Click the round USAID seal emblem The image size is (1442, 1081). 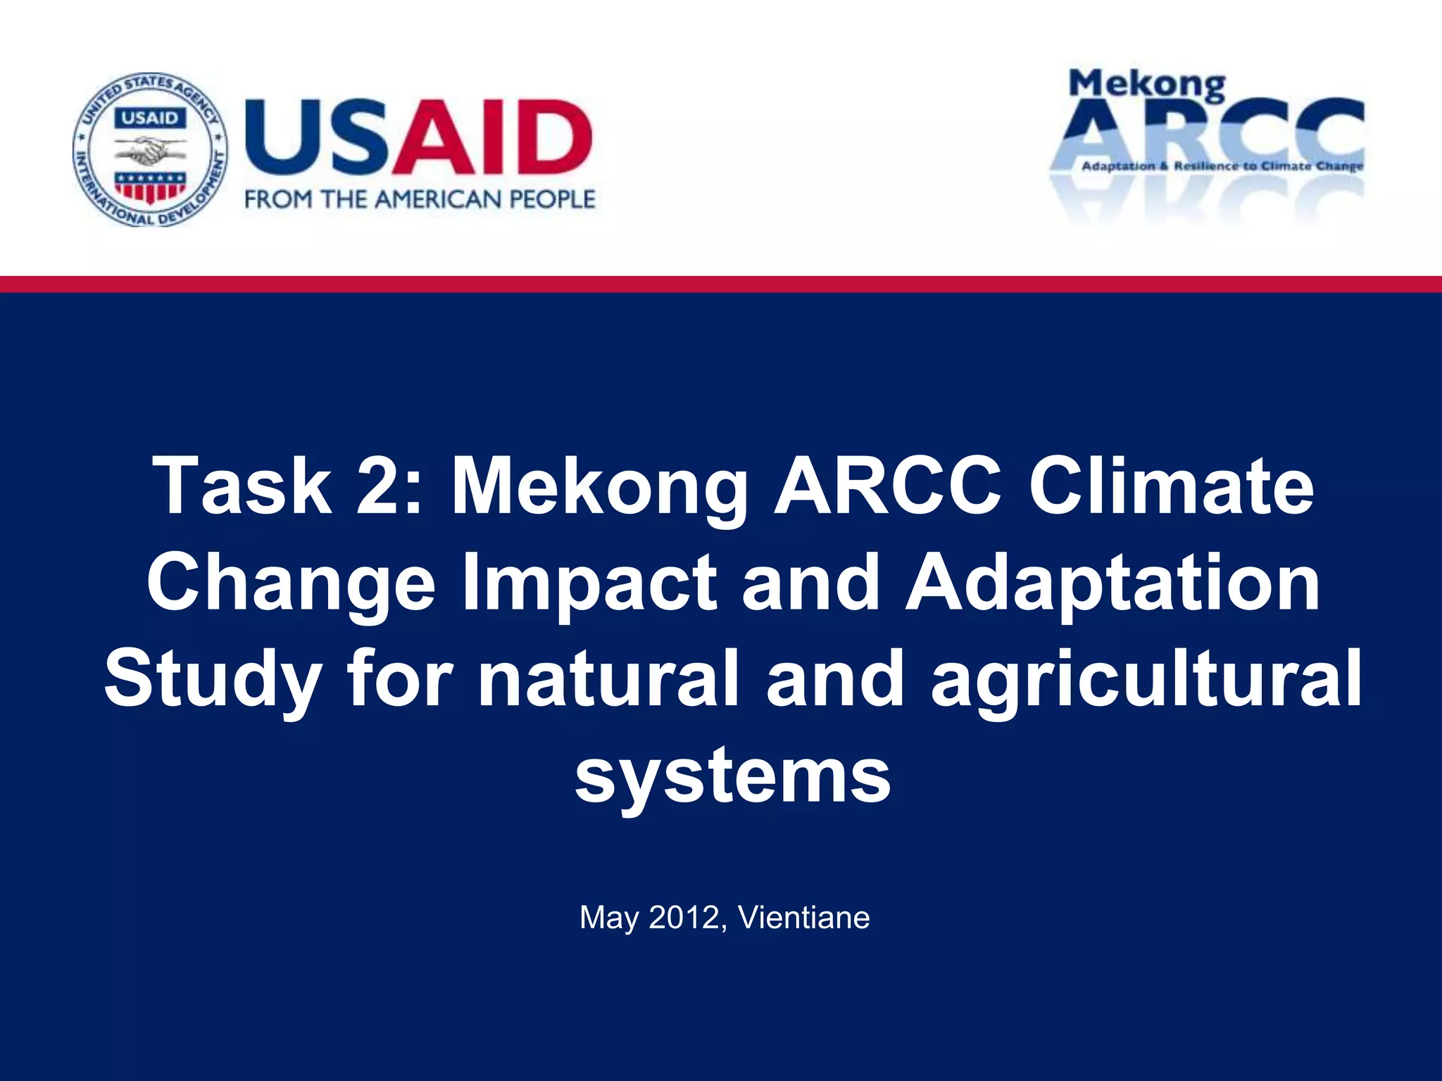tap(150, 149)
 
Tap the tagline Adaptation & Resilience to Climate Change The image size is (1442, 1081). tap(1222, 167)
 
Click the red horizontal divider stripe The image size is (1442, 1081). tap(721, 284)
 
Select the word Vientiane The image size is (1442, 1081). tap(804, 918)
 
